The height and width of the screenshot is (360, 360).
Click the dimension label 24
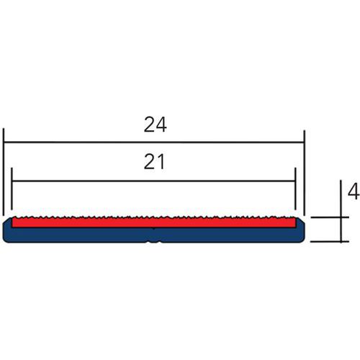[x=155, y=125]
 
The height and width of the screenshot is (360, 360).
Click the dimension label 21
[x=154, y=162]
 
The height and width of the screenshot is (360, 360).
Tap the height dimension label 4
[x=354, y=191]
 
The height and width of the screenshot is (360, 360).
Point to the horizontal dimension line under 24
[x=154, y=143]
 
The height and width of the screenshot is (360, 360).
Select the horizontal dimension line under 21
[x=153, y=181]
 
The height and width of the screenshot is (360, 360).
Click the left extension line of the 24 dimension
[x=4, y=172]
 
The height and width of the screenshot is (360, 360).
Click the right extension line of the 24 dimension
[x=305, y=173]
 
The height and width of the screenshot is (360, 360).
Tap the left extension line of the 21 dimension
[x=12, y=189]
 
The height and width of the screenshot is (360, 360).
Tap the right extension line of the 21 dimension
[x=296, y=189]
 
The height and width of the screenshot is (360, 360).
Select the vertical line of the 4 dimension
[x=341, y=211]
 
